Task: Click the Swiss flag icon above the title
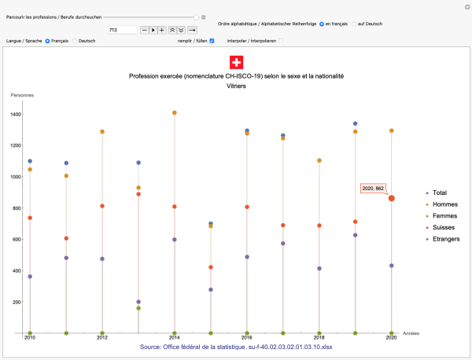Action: [236, 63]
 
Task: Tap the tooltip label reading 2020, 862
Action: [373, 189]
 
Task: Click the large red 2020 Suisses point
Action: [392, 198]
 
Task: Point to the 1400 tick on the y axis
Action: [16, 114]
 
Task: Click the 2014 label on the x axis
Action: [174, 338]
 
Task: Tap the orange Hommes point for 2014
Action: [175, 113]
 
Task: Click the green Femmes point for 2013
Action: [138, 308]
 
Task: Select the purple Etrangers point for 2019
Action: [356, 235]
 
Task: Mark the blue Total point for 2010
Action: [30, 161]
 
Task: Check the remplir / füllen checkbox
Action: [212, 41]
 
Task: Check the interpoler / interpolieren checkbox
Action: [281, 41]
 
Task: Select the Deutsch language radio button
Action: [75, 41]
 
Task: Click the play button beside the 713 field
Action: [153, 30]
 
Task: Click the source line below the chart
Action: [236, 347]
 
